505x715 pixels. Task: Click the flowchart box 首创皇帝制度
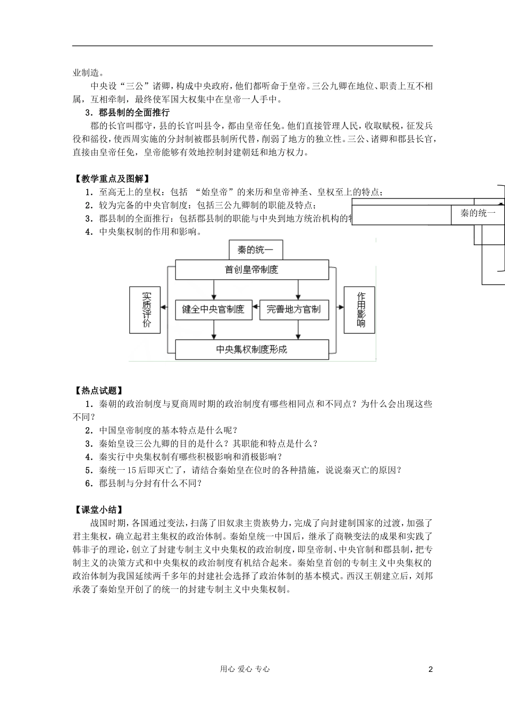tap(251, 270)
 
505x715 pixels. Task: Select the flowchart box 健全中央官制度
tap(213, 309)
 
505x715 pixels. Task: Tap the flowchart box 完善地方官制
tap(293, 310)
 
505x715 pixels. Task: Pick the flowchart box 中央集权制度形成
tap(251, 350)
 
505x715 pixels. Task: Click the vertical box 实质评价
tap(145, 310)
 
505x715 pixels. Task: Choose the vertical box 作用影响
tap(360, 310)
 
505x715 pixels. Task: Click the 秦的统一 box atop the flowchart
tap(255, 250)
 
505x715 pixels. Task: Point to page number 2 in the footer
tap(431, 669)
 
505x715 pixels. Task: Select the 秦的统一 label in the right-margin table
tap(477, 213)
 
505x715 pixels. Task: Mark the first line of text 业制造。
tap(88, 73)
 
